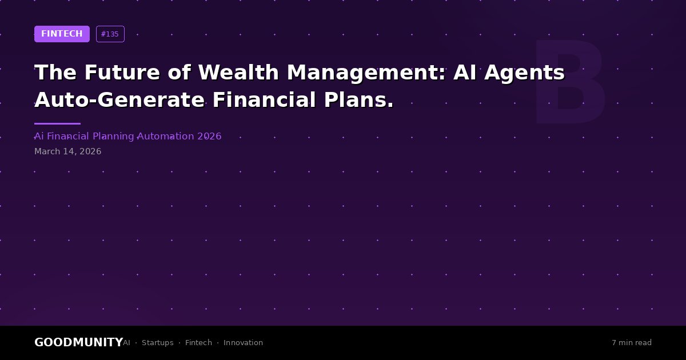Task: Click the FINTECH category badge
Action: pos(62,34)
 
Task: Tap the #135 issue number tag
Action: pos(110,34)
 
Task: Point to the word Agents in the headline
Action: pos(524,73)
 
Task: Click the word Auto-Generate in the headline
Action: pos(119,100)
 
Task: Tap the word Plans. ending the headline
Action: pos(358,100)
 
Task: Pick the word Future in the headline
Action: pos(122,72)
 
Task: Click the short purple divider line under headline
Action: pos(58,123)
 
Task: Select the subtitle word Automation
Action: pos(166,136)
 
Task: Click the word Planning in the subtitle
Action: pos(113,137)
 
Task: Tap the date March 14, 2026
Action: pos(67,151)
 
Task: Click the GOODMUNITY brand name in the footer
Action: pos(79,342)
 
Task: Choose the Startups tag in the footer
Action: pos(157,343)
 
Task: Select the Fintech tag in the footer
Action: pos(198,342)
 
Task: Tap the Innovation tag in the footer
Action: pos(243,342)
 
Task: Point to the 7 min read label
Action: pos(632,342)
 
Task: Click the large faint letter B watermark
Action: pos(569,81)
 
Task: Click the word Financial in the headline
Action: pos(264,100)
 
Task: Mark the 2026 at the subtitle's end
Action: pos(209,136)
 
